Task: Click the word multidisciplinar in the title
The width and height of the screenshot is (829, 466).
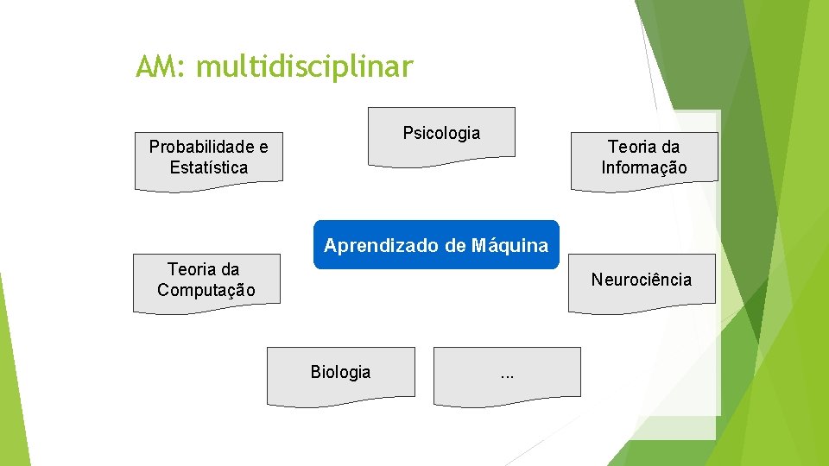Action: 305,66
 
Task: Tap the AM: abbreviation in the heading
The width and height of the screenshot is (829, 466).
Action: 161,66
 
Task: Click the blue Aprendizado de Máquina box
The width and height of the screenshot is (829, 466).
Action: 436,245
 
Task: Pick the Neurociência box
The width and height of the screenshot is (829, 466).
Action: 641,280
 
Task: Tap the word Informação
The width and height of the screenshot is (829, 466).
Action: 644,167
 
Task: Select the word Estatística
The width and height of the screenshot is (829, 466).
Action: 208,167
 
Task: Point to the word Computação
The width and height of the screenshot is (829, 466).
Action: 206,290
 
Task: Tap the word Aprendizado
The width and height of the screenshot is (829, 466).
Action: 382,245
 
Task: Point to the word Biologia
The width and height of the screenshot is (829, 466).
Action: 340,372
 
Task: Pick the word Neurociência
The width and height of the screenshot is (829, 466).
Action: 641,280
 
